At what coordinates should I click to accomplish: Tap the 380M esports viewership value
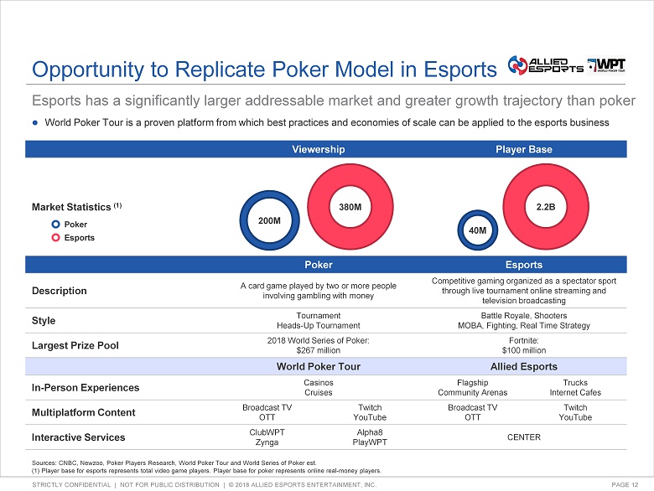350,205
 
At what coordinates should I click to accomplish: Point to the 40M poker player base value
477,230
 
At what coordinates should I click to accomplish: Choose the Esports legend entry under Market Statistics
79,237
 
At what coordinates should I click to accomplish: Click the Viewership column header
318,149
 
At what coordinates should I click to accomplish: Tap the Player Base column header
523,149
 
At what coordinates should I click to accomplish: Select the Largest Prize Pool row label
74,344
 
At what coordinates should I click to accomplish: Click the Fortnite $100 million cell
523,344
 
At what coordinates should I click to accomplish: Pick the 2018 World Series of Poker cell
318,344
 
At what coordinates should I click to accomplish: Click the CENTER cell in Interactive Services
523,437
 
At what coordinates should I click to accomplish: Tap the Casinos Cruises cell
318,387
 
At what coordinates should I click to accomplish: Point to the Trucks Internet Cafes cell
574,387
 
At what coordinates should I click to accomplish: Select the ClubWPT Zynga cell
267,437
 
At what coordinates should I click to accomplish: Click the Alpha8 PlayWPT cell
369,437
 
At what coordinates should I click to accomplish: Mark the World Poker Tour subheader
318,366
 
